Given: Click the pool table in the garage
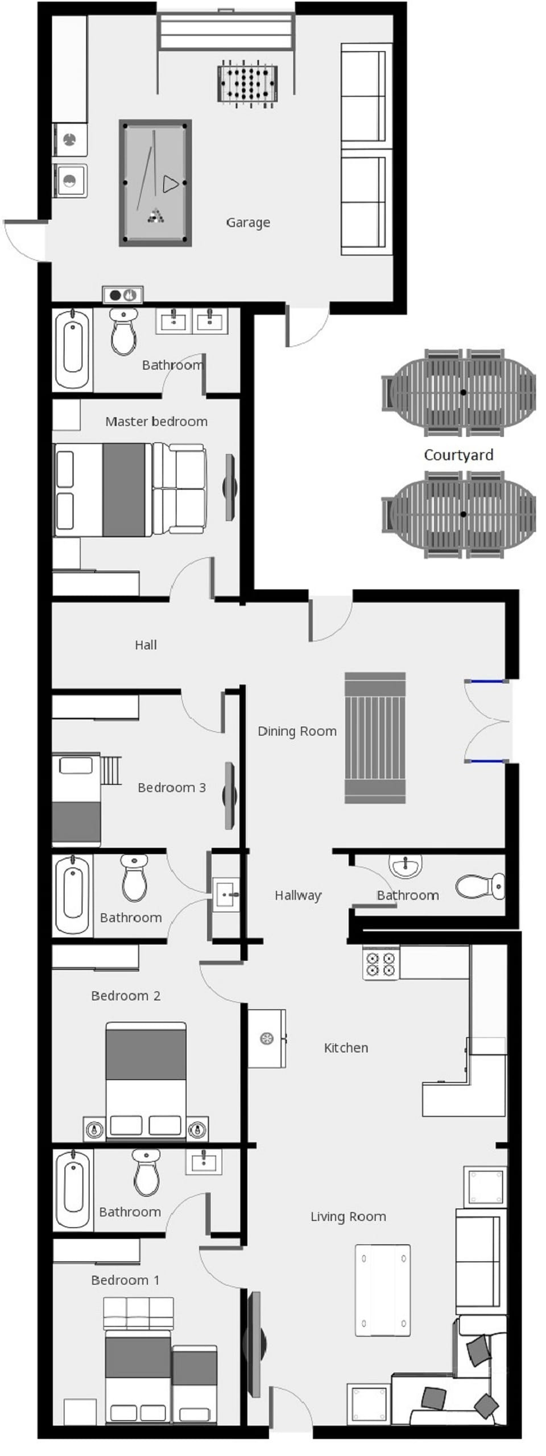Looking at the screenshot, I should tap(155, 183).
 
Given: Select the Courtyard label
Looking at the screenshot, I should tap(458, 455).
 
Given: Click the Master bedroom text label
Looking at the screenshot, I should tap(156, 422).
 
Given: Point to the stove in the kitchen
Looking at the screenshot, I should tap(380, 963).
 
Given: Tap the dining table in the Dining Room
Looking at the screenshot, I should tap(375, 738).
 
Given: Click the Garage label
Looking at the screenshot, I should tap(248, 223).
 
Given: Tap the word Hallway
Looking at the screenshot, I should tap(298, 895).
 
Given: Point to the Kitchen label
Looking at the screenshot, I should tap(346, 1048).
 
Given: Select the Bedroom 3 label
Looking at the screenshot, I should tap(172, 788).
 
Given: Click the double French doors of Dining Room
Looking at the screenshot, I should tap(487, 721).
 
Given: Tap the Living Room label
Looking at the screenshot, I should tap(348, 1217).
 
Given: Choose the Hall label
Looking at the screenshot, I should tap(146, 645).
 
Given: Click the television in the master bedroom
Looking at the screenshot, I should tap(230, 487).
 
